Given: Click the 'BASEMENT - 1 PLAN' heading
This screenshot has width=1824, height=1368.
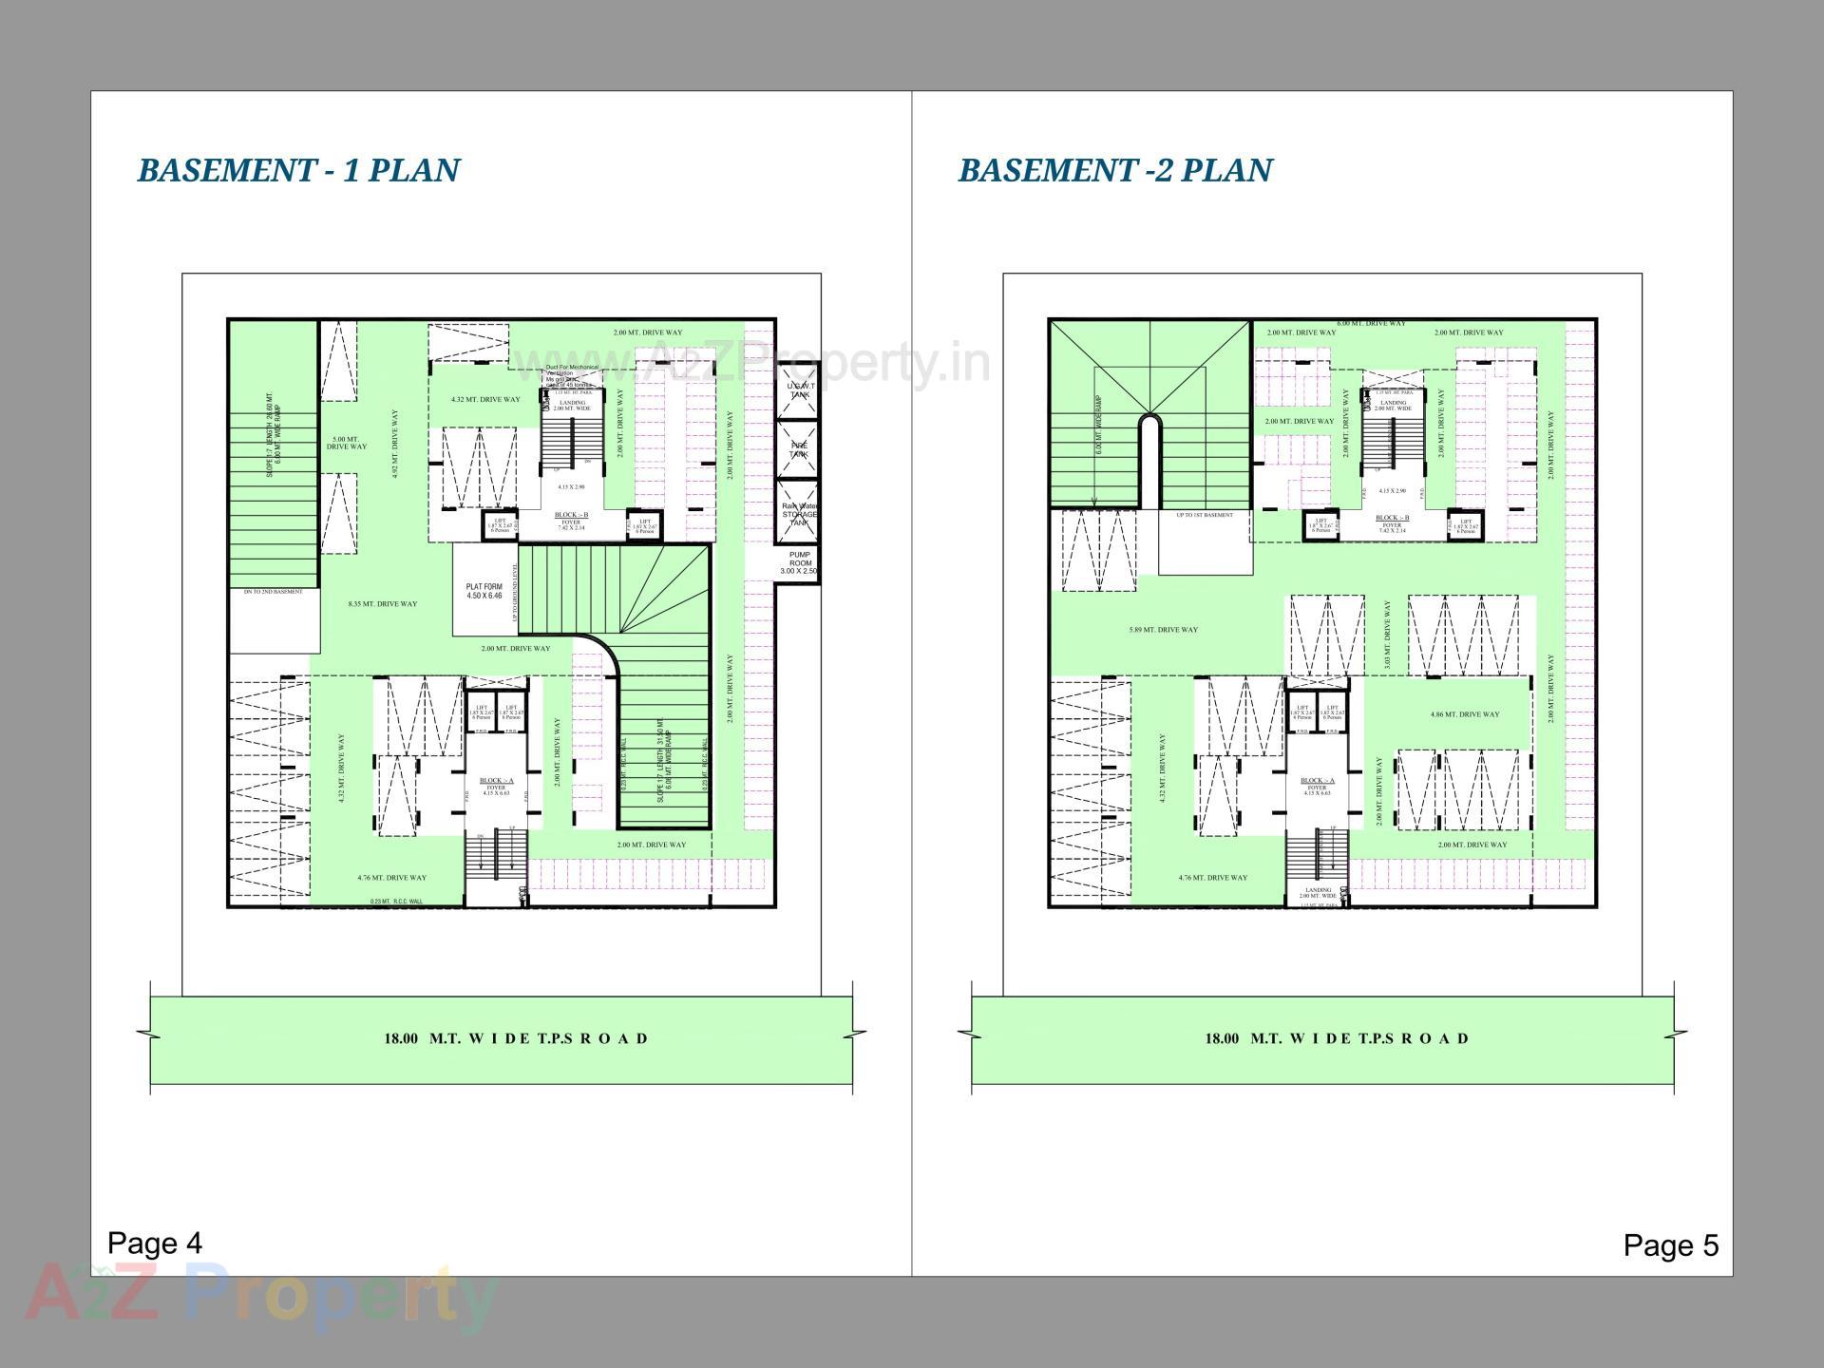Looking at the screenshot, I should tap(298, 170).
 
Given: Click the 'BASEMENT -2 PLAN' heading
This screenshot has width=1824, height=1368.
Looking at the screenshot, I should tap(1114, 170).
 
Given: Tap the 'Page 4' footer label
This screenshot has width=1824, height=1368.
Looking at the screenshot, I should tap(155, 1243).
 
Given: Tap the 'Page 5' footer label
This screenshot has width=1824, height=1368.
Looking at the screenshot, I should tap(1671, 1245).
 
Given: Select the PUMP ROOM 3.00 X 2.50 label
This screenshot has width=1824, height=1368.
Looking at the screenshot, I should tap(799, 563).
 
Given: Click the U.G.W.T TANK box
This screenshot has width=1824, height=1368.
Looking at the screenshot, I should tap(798, 389).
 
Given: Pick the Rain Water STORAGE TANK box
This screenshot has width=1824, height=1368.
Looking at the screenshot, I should tap(798, 514).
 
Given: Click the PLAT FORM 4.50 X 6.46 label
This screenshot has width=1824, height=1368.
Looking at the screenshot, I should tap(484, 591).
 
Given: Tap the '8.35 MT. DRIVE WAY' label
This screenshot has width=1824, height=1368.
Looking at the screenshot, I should tap(383, 604).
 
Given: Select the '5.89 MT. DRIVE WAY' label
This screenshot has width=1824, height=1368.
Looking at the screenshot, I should tap(1164, 630).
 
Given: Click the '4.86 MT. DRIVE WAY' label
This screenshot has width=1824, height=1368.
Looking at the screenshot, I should tap(1465, 714).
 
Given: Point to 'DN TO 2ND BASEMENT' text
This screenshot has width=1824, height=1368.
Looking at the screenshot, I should tap(274, 592).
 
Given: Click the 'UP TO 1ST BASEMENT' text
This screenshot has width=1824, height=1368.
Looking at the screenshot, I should tap(1205, 515).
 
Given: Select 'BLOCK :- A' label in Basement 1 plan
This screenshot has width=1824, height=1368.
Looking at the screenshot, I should tap(496, 780).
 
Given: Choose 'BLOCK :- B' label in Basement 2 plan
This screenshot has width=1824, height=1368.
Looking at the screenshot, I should tap(1392, 519).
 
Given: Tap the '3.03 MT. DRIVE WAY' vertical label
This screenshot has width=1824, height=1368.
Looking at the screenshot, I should tap(1388, 635).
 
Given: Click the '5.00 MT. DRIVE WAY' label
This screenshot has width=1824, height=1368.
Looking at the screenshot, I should tap(347, 443).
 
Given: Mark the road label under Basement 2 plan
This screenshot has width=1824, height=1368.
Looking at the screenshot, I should tap(1337, 1038).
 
